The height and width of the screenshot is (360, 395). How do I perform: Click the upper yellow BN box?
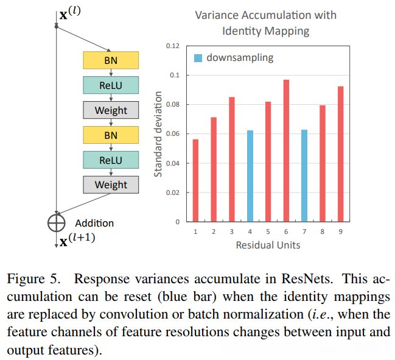[x=111, y=60]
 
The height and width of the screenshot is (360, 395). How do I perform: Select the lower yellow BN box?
[x=111, y=135]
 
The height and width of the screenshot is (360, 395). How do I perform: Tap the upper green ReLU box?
[x=111, y=85]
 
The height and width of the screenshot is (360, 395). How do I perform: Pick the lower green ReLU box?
[x=111, y=160]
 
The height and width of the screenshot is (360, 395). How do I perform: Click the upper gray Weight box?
[x=111, y=110]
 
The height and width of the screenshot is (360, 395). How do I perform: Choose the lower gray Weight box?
[x=111, y=185]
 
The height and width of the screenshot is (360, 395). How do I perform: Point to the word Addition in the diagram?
[x=94, y=223]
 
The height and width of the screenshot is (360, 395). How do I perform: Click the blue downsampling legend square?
[x=198, y=58]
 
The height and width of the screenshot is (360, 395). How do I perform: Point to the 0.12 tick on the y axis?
[x=172, y=46]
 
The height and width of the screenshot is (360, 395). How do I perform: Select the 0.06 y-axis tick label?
[x=172, y=134]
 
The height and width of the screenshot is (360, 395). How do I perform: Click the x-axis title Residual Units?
[x=268, y=245]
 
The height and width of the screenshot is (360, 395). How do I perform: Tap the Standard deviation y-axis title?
[x=158, y=134]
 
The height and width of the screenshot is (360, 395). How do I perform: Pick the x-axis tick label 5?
[x=268, y=231]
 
